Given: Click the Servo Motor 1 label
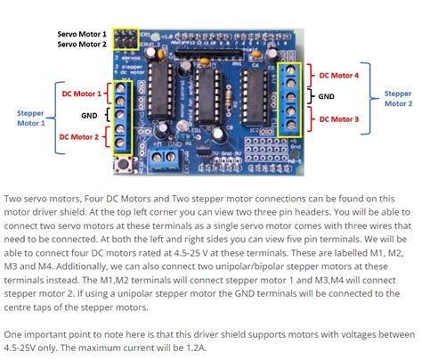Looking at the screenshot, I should click(81, 33).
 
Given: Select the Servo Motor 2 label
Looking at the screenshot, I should click(81, 43).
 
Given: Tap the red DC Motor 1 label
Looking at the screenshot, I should click(79, 92).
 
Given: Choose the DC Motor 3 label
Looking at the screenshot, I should click(337, 119).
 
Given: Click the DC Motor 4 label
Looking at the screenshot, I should click(337, 75).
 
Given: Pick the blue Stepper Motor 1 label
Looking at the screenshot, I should click(30, 119).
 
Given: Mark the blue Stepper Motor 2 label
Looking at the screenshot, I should click(398, 97).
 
